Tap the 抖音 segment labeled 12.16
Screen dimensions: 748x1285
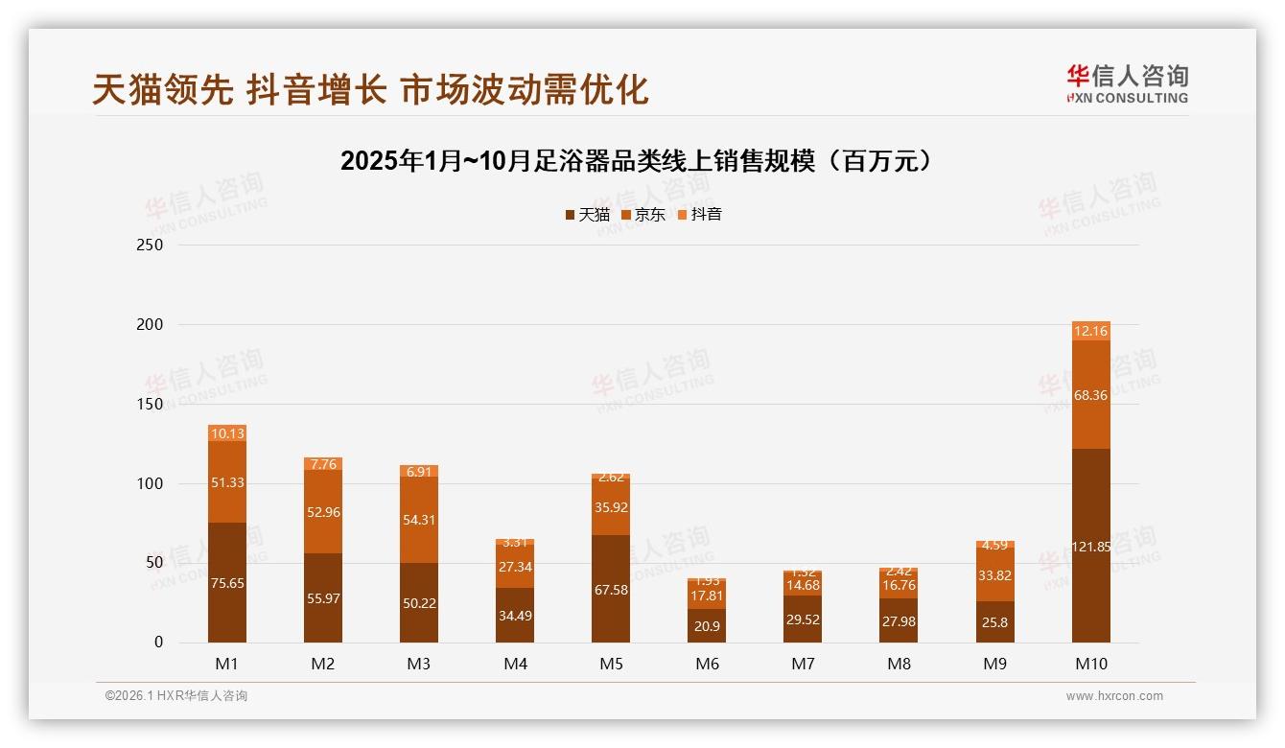(x=1090, y=331)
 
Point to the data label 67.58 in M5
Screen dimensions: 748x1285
(x=611, y=590)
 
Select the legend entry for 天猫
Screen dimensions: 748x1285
(x=587, y=215)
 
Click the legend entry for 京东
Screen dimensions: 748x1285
(x=642, y=215)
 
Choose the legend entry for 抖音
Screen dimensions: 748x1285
(x=699, y=215)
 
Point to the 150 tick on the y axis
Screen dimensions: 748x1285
(x=151, y=404)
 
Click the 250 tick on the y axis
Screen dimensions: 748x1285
(x=151, y=245)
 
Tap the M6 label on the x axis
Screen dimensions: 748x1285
(x=707, y=664)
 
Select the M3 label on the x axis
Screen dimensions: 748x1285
(x=419, y=664)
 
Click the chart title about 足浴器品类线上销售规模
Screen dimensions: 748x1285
(x=636, y=161)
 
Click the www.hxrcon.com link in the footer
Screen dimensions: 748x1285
(x=1114, y=696)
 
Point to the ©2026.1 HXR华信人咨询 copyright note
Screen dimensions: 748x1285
(x=176, y=696)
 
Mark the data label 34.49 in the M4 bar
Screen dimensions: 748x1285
(x=515, y=616)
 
